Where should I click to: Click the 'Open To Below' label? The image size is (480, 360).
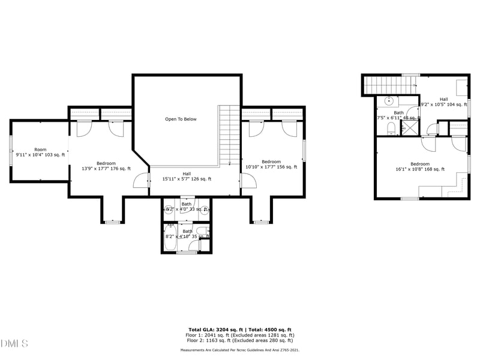181,119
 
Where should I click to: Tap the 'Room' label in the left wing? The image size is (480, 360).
40,149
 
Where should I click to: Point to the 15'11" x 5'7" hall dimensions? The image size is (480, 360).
187,179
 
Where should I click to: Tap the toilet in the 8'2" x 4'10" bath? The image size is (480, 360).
202,231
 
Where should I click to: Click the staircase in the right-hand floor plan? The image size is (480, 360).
390,85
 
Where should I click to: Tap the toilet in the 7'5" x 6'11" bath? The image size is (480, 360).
391,128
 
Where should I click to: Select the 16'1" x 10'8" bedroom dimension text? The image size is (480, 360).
419,169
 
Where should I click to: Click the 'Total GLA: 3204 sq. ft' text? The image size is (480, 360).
215,330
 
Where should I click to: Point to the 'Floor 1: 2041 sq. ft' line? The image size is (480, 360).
240,335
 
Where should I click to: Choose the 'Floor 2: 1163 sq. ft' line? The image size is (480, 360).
240,341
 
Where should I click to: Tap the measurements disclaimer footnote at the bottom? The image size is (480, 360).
240,350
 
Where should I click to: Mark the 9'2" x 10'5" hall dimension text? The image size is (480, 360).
443,105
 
